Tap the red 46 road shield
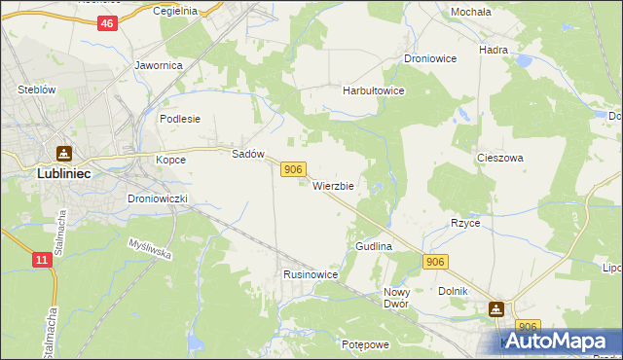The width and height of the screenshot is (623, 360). (107, 24)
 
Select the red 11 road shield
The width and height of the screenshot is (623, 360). (41, 260)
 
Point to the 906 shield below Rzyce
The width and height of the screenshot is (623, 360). (435, 262)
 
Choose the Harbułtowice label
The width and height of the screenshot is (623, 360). (373, 90)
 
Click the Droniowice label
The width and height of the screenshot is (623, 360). (430, 58)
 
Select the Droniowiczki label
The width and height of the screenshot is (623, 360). (164, 198)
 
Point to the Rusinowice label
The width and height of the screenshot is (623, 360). (311, 275)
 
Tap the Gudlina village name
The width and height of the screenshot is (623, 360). (374, 247)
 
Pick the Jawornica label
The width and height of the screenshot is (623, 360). (159, 66)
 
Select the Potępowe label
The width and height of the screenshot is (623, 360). (365, 344)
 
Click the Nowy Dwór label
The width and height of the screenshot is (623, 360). (396, 298)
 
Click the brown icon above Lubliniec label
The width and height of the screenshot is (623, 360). (64, 153)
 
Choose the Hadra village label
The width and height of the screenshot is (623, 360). (495, 49)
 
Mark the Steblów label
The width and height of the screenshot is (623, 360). (37, 90)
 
